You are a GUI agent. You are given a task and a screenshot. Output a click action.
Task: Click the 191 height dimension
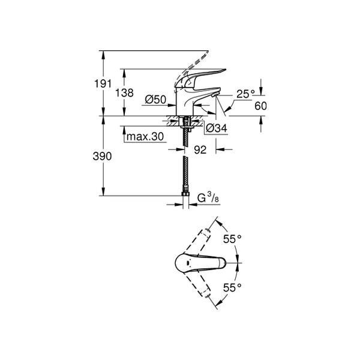tap(103, 83)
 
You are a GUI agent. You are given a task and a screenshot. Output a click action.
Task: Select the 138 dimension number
tap(124, 93)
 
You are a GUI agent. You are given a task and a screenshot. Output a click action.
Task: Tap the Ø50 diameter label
tap(155, 100)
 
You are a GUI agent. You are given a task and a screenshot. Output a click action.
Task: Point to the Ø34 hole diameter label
tap(217, 128)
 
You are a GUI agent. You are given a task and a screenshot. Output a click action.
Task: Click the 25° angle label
tap(245, 94)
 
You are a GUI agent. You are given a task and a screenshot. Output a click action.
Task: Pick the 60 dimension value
tap(260, 106)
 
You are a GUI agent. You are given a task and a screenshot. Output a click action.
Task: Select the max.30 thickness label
tap(145, 137)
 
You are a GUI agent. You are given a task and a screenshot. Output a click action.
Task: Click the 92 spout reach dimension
tap(200, 150)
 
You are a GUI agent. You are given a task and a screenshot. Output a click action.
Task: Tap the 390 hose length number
tap(102, 157)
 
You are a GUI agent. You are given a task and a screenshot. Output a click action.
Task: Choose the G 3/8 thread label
tap(208, 197)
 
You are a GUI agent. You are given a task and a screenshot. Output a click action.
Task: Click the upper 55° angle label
tap(232, 239)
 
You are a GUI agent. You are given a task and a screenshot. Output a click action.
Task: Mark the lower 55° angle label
tap(232, 287)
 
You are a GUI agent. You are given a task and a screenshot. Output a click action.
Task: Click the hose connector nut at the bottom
tap(185, 194)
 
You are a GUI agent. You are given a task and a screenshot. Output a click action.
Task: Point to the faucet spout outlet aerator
tap(215, 94)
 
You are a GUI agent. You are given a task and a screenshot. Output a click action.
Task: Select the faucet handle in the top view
tap(200, 262)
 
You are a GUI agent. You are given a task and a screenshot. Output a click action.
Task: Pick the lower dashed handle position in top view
tap(197, 284)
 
